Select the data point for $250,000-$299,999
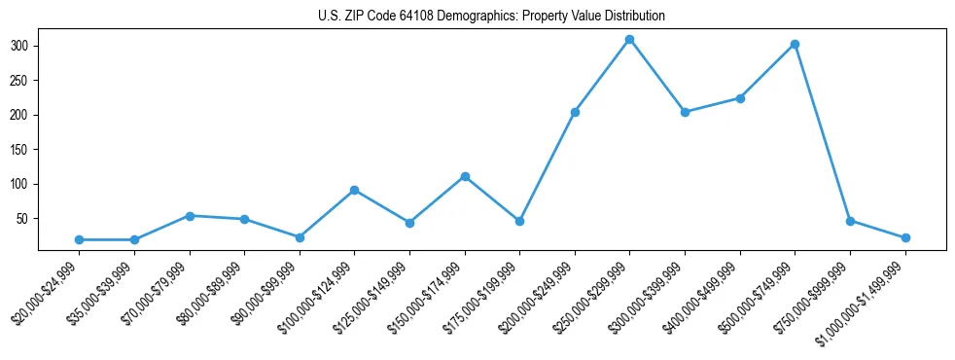tap(630, 40)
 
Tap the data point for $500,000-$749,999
tap(796, 44)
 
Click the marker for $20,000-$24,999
tap(79, 239)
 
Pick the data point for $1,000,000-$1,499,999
tap(905, 237)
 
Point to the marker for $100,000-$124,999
tap(355, 190)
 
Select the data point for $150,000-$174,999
tap(465, 176)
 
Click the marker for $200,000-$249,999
tap(575, 112)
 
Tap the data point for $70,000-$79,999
tap(190, 216)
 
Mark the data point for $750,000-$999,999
tap(850, 221)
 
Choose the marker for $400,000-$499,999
tap(740, 98)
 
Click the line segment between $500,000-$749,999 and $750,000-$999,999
tap(823, 132)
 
